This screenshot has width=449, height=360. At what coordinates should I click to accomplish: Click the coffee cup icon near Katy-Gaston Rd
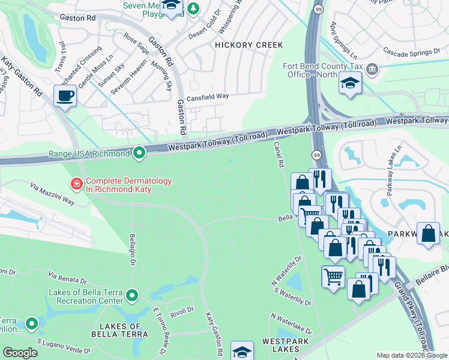(x=65, y=95)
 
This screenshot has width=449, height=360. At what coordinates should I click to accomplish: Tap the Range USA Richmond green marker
(x=139, y=154)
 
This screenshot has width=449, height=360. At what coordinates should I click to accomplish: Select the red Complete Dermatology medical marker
(x=77, y=184)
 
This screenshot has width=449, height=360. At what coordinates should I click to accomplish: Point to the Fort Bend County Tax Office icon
(x=372, y=69)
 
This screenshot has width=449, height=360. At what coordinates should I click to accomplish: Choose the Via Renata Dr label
(x=68, y=279)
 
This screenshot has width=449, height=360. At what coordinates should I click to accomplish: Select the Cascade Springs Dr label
(x=411, y=53)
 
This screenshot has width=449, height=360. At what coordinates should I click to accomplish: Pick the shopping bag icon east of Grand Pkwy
(x=429, y=235)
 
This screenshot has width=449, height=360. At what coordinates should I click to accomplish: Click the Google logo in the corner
(x=20, y=353)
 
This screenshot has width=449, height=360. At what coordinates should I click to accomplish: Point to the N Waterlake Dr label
(x=291, y=324)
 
